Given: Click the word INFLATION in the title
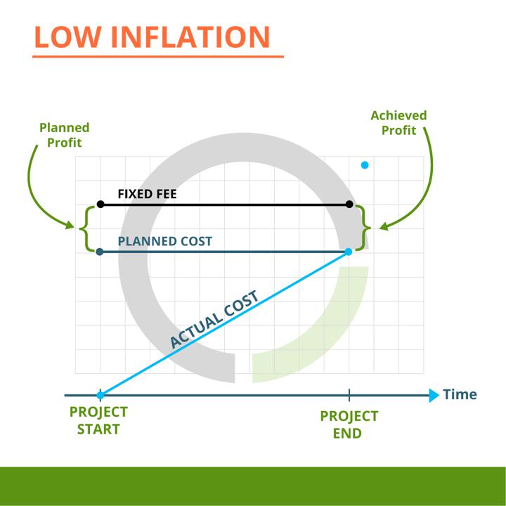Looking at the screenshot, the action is click(x=190, y=37).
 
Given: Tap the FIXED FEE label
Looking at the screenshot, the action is click(x=147, y=194).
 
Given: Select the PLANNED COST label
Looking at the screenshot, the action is click(x=165, y=241).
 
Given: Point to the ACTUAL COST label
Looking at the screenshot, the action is click(x=214, y=319).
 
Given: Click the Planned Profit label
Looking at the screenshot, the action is click(x=64, y=135).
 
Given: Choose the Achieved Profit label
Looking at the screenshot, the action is click(x=398, y=123).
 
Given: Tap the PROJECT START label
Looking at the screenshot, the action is click(x=99, y=420).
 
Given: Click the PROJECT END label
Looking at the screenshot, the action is click(x=349, y=424).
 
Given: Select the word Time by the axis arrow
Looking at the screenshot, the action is click(x=460, y=394).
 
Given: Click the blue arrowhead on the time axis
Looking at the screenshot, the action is click(x=434, y=395).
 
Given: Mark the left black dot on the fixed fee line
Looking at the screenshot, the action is click(x=100, y=205).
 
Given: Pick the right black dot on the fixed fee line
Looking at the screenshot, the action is click(x=349, y=205).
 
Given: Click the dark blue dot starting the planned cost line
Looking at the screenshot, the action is click(x=100, y=252).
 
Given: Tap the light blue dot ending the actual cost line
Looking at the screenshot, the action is click(x=349, y=252).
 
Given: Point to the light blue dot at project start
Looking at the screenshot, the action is click(x=100, y=395).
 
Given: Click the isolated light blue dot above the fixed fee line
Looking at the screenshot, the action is click(x=365, y=165).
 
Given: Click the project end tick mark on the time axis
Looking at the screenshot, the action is click(x=349, y=395).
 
